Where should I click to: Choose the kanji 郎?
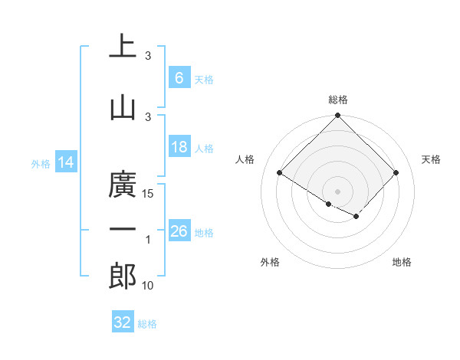click(x=123, y=277)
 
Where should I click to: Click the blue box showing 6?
click(x=179, y=77)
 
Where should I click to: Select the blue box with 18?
click(x=179, y=147)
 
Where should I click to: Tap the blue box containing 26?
click(x=179, y=231)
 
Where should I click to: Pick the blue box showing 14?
click(x=66, y=162)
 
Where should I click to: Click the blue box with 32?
click(x=123, y=322)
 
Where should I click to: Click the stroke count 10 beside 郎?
click(x=149, y=286)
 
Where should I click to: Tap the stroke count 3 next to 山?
click(x=148, y=116)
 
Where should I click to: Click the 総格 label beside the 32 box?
click(x=147, y=324)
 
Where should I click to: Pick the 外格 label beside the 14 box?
click(x=41, y=163)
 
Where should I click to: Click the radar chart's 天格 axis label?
click(x=431, y=159)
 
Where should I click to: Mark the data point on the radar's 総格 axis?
click(x=337, y=116)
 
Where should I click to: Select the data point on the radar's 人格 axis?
click(x=280, y=173)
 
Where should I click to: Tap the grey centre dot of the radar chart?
click(x=337, y=191)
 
